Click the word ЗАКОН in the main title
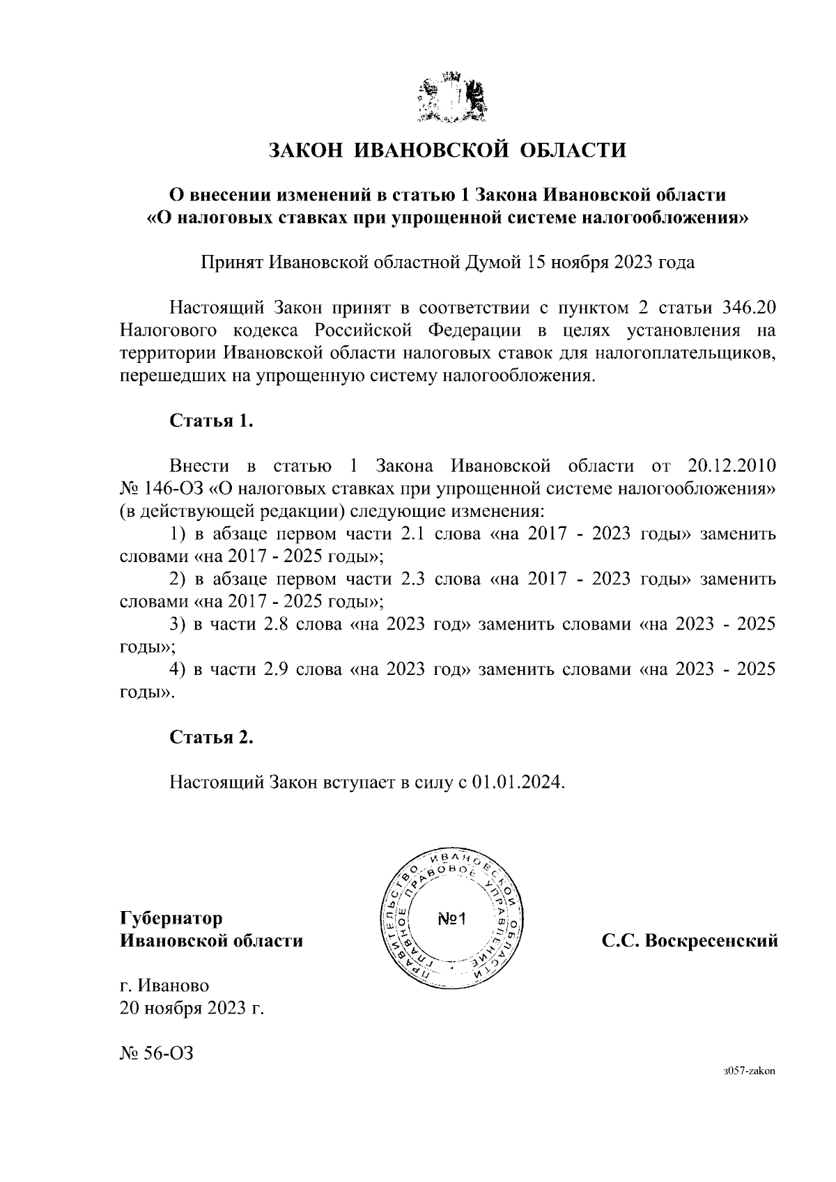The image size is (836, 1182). tap(307, 150)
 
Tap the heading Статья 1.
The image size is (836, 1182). tap(211, 421)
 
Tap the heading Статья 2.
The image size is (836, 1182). tap(211, 737)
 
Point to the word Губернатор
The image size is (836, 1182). tap(171, 918)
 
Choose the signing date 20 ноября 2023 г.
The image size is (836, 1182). tap(192, 1008)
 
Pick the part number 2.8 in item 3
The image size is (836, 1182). tap(277, 624)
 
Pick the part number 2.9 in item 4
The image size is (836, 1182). tap(277, 669)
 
